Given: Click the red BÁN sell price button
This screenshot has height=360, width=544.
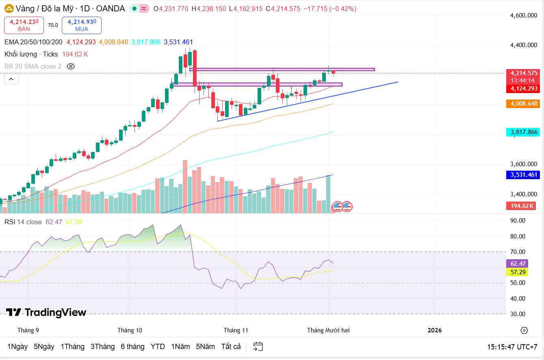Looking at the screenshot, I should [x=24, y=25].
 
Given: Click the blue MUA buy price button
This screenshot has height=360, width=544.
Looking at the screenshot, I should [x=81, y=25].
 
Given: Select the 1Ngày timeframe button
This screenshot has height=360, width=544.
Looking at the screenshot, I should [x=17, y=347].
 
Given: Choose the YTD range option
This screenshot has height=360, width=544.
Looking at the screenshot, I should [x=158, y=347].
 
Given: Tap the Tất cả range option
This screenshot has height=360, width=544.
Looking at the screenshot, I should [x=231, y=347].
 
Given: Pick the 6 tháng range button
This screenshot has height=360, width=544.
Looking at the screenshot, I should [x=132, y=347].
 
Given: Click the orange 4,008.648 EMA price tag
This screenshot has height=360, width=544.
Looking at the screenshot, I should [x=524, y=104].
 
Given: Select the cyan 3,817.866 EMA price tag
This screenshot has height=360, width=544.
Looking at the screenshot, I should [x=524, y=132].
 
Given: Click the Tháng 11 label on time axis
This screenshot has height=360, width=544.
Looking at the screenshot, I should [x=236, y=330].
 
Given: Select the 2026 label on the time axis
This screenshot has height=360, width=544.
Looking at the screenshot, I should [x=435, y=330].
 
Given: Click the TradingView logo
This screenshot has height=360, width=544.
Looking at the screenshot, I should [x=46, y=312].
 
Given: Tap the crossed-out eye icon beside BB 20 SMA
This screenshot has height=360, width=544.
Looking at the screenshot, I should [x=71, y=66].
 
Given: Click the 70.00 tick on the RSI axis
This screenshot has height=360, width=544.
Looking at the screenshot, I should [x=518, y=252].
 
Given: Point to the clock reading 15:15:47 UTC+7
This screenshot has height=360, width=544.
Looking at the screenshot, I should [x=512, y=347].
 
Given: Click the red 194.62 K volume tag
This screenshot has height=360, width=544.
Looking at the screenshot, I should [x=522, y=206].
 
